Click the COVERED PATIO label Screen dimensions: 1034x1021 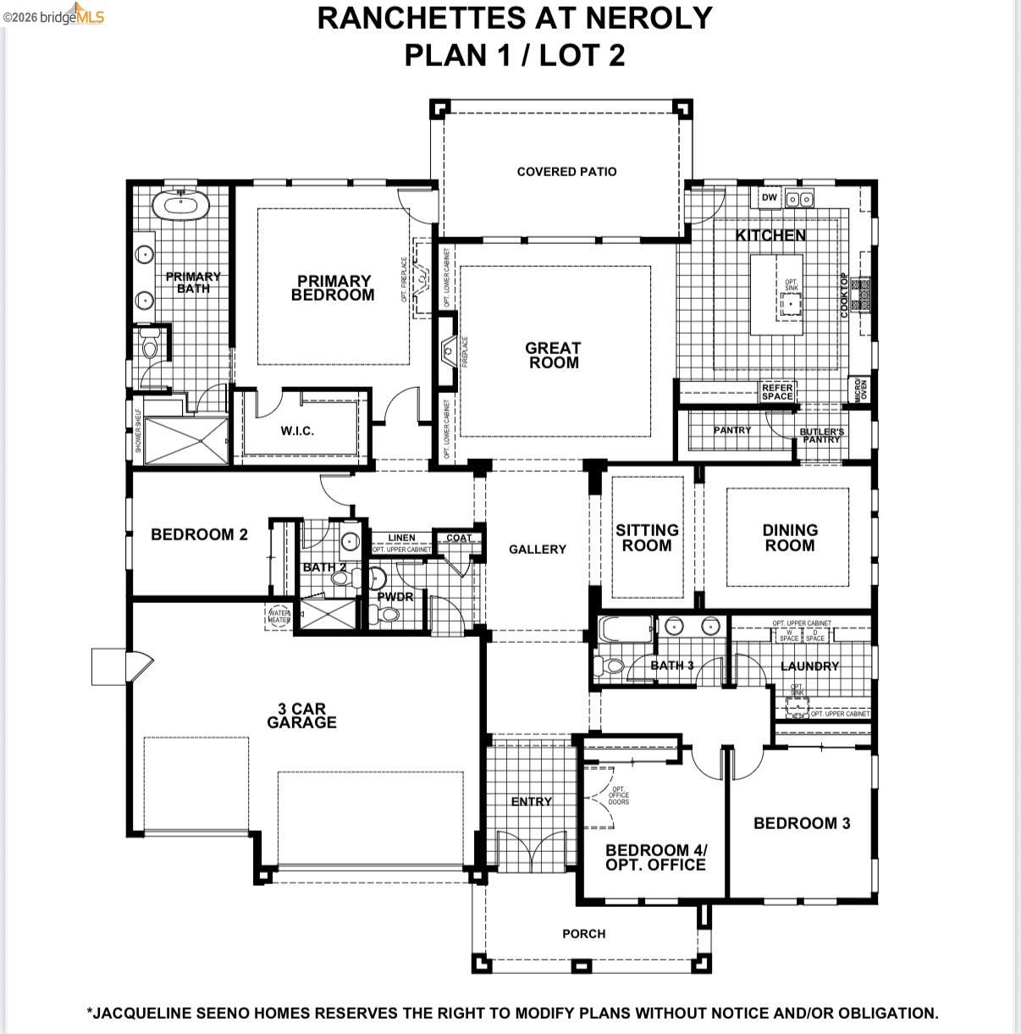566,172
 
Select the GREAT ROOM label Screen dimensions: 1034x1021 553,355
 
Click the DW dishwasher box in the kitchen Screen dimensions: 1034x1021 769,198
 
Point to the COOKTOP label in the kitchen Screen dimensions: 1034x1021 844,296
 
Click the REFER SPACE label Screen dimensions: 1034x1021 776,392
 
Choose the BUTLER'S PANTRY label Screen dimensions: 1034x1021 821,435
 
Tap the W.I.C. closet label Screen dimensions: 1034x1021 297,431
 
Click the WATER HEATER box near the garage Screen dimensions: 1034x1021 279,617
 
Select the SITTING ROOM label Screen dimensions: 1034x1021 647,538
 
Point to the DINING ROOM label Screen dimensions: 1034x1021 789,538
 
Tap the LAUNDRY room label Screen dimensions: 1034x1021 809,666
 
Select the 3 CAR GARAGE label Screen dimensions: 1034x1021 301,716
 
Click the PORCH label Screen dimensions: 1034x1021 583,933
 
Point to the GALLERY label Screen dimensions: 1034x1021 537,550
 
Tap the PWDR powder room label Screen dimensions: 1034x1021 395,597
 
